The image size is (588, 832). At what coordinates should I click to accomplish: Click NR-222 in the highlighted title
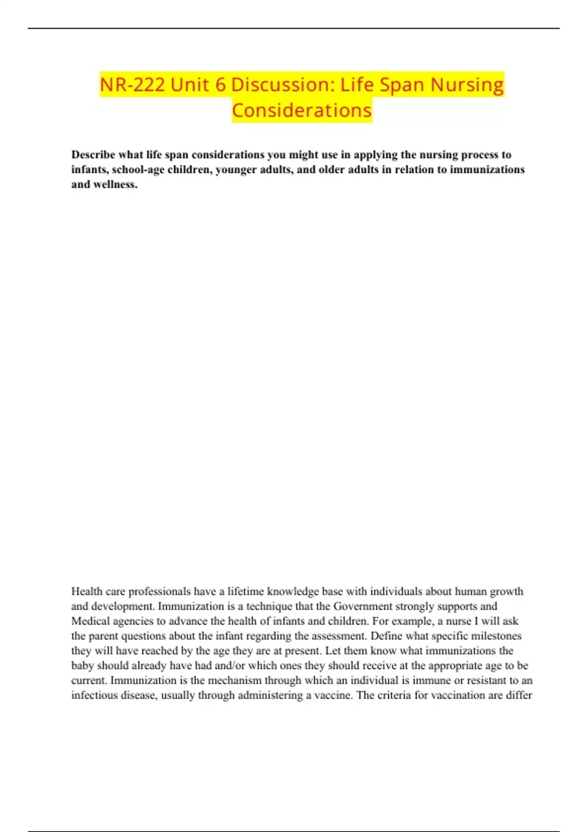coord(132,85)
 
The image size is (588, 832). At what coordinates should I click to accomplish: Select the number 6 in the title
coord(220,85)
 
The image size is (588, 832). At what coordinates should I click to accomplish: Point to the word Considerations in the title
coord(302,111)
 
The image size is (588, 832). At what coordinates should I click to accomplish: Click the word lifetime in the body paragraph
coord(246,591)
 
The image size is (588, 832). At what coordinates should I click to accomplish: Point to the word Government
coord(363,606)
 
